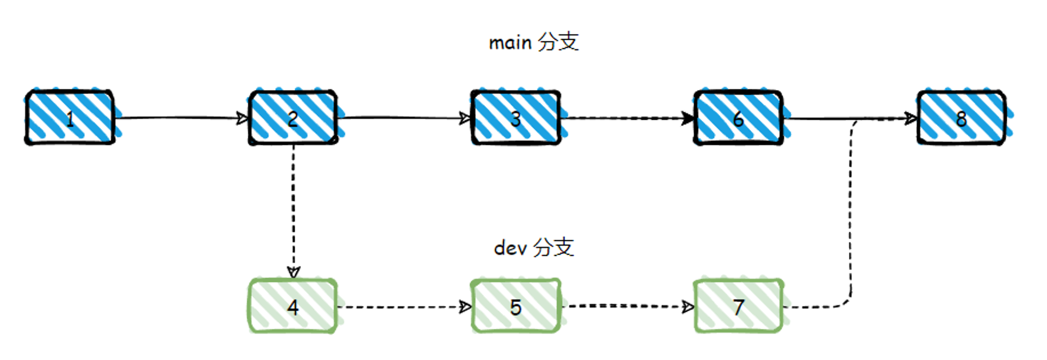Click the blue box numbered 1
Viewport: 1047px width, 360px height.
[70, 117]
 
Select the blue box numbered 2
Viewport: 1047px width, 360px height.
[293, 117]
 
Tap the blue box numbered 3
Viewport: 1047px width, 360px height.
[516, 117]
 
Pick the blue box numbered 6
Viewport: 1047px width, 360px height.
[738, 117]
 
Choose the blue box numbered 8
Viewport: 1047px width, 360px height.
[962, 117]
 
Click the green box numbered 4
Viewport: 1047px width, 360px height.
[293, 306]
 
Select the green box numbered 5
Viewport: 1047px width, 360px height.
[516, 306]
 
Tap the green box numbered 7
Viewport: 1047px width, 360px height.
[738, 306]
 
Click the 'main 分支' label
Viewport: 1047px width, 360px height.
[533, 42]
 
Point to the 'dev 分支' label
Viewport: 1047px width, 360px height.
[534, 247]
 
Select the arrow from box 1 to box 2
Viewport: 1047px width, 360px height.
[182, 118]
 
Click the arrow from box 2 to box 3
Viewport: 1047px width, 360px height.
[405, 118]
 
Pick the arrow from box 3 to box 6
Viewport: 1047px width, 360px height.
[628, 118]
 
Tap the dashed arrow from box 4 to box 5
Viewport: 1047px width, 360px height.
[405, 307]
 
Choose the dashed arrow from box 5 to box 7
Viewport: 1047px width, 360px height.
[628, 306]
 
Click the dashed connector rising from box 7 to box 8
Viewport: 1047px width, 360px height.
[850, 209]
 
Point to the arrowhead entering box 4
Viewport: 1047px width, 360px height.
[293, 273]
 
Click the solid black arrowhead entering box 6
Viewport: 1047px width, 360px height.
[688, 118]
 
